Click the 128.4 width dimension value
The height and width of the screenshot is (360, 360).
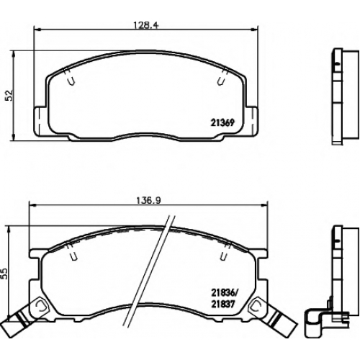click(x=146, y=25)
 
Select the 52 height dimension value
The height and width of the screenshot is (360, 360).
click(x=9, y=95)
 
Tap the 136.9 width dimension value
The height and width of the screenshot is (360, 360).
click(x=148, y=200)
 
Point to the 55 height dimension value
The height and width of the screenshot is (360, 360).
click(x=4, y=274)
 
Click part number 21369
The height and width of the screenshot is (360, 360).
click(x=222, y=123)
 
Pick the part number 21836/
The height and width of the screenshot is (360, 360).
click(x=223, y=292)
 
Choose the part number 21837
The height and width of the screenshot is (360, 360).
click(x=222, y=305)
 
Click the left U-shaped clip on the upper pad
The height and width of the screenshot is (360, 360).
click(x=71, y=81)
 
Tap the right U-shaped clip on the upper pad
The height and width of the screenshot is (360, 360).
click(x=220, y=81)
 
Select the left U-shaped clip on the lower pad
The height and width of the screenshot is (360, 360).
click(x=73, y=256)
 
